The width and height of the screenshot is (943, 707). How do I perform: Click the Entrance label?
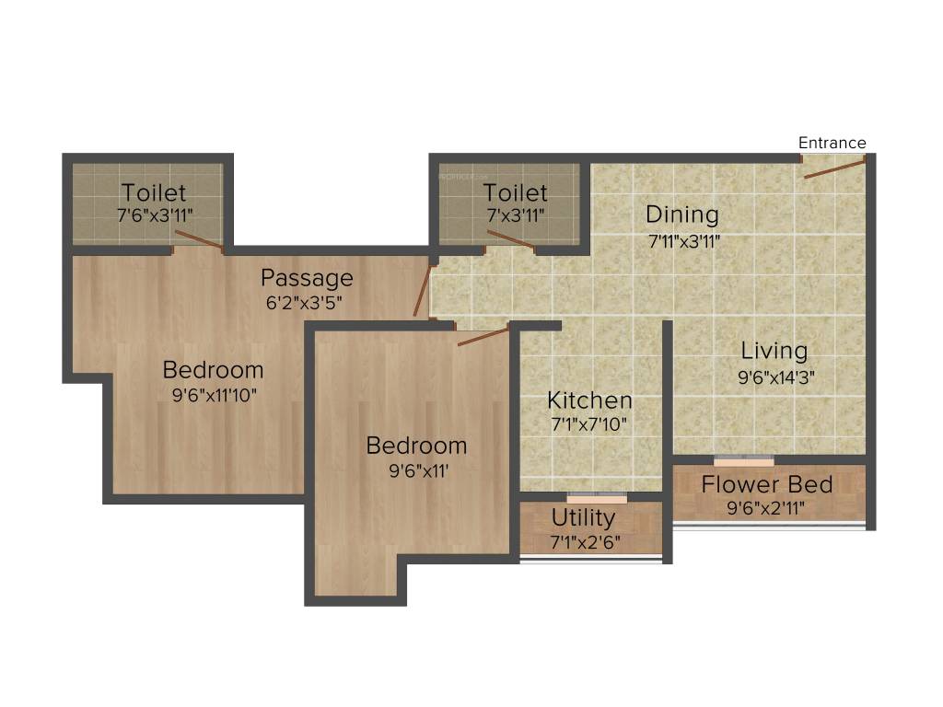click(x=832, y=143)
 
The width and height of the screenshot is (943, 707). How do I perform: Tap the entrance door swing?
click(x=834, y=168)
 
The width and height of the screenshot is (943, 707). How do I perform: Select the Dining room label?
click(x=682, y=214)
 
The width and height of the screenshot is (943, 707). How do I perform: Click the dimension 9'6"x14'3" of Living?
click(x=776, y=377)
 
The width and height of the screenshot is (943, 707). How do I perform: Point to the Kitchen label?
click(x=589, y=400)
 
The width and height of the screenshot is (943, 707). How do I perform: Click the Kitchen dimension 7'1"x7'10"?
click(x=588, y=424)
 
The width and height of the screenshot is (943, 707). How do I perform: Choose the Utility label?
click(x=583, y=517)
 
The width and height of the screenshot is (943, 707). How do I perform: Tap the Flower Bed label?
click(x=767, y=484)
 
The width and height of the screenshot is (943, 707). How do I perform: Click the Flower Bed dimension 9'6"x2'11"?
click(x=765, y=508)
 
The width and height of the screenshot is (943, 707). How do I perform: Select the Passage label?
click(x=307, y=278)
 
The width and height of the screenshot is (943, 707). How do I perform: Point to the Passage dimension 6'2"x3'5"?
click(x=304, y=302)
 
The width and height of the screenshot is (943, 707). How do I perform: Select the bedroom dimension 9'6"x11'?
click(x=419, y=470)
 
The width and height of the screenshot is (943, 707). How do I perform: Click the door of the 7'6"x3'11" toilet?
click(x=199, y=239)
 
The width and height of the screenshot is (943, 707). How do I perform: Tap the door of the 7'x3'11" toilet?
click(x=510, y=238)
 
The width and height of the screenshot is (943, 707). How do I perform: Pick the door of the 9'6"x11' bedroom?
click(x=483, y=337)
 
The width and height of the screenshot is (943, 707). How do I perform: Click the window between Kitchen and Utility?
click(x=597, y=498)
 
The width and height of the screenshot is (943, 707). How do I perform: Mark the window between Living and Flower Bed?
click(x=744, y=461)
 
